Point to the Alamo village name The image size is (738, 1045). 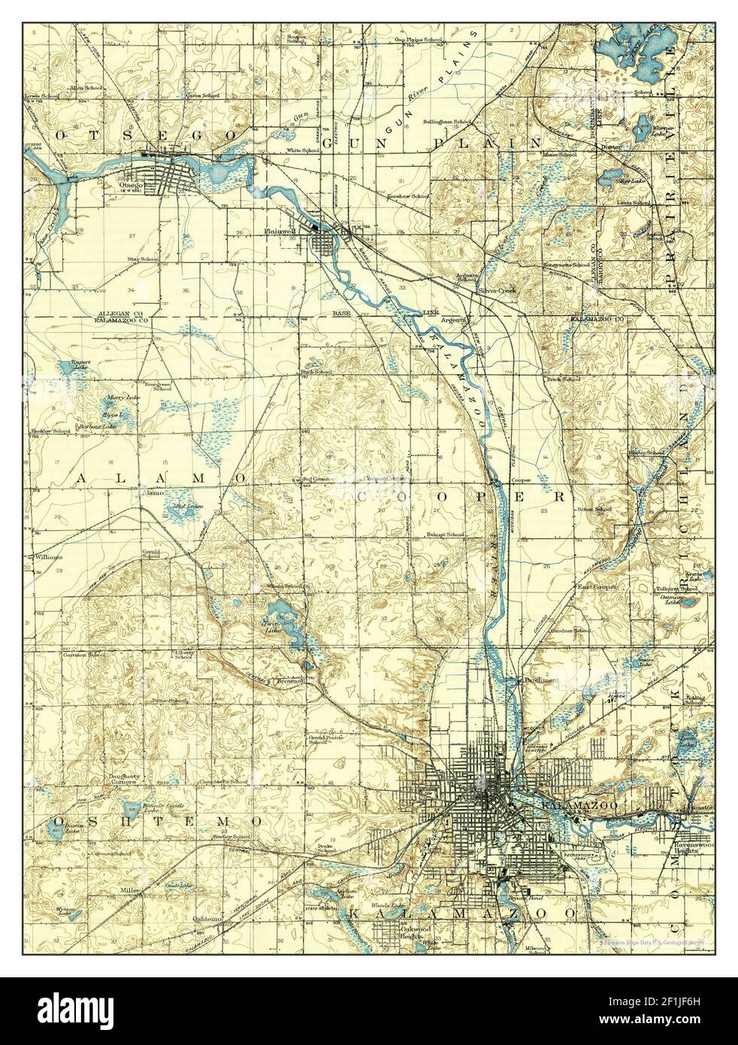click(x=153, y=494)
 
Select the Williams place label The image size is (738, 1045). click(x=47, y=557)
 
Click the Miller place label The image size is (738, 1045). click(x=130, y=890)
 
